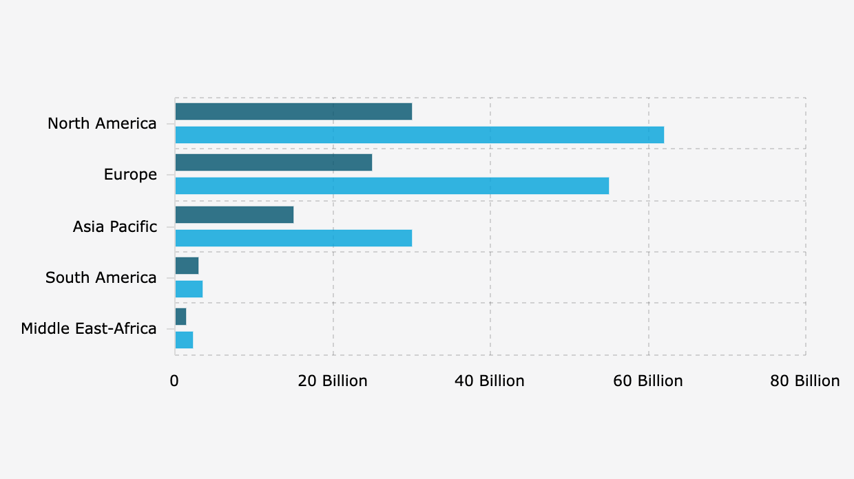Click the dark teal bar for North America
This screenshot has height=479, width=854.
tap(293, 111)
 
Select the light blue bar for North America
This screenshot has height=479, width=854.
tap(419, 135)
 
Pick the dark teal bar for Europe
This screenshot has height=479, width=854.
tap(273, 162)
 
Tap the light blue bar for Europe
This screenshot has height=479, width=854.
tap(392, 186)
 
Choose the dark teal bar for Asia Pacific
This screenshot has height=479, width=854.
tap(234, 215)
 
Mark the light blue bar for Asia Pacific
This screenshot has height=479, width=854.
tap(293, 238)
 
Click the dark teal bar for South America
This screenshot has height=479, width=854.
tap(187, 266)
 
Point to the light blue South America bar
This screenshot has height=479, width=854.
tap(189, 289)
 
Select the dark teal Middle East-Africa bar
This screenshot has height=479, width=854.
tap(180, 317)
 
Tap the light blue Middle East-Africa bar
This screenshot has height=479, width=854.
tap(184, 340)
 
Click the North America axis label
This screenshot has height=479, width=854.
tap(102, 124)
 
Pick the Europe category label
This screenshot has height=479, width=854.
tap(130, 175)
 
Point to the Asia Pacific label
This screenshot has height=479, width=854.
tap(115, 226)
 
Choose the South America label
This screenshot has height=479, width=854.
tap(101, 278)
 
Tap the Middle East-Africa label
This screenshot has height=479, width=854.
tap(89, 329)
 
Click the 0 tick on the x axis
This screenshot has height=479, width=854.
tap(174, 381)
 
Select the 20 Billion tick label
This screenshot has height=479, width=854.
tap(333, 381)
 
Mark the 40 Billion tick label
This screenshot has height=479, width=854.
tap(490, 381)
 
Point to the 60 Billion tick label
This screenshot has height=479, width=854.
tap(648, 381)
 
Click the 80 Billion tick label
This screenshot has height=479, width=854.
tap(805, 381)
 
